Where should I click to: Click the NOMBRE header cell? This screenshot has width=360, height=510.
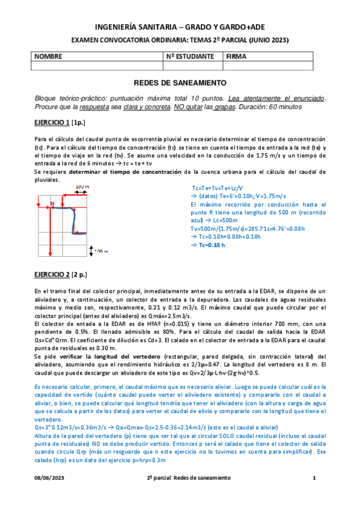point(49,57)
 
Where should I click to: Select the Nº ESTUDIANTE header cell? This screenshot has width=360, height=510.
point(191,57)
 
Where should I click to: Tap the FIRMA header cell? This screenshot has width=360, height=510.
point(237,57)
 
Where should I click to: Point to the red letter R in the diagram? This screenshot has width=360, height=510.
point(53,204)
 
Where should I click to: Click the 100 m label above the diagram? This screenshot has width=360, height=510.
point(82,187)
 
